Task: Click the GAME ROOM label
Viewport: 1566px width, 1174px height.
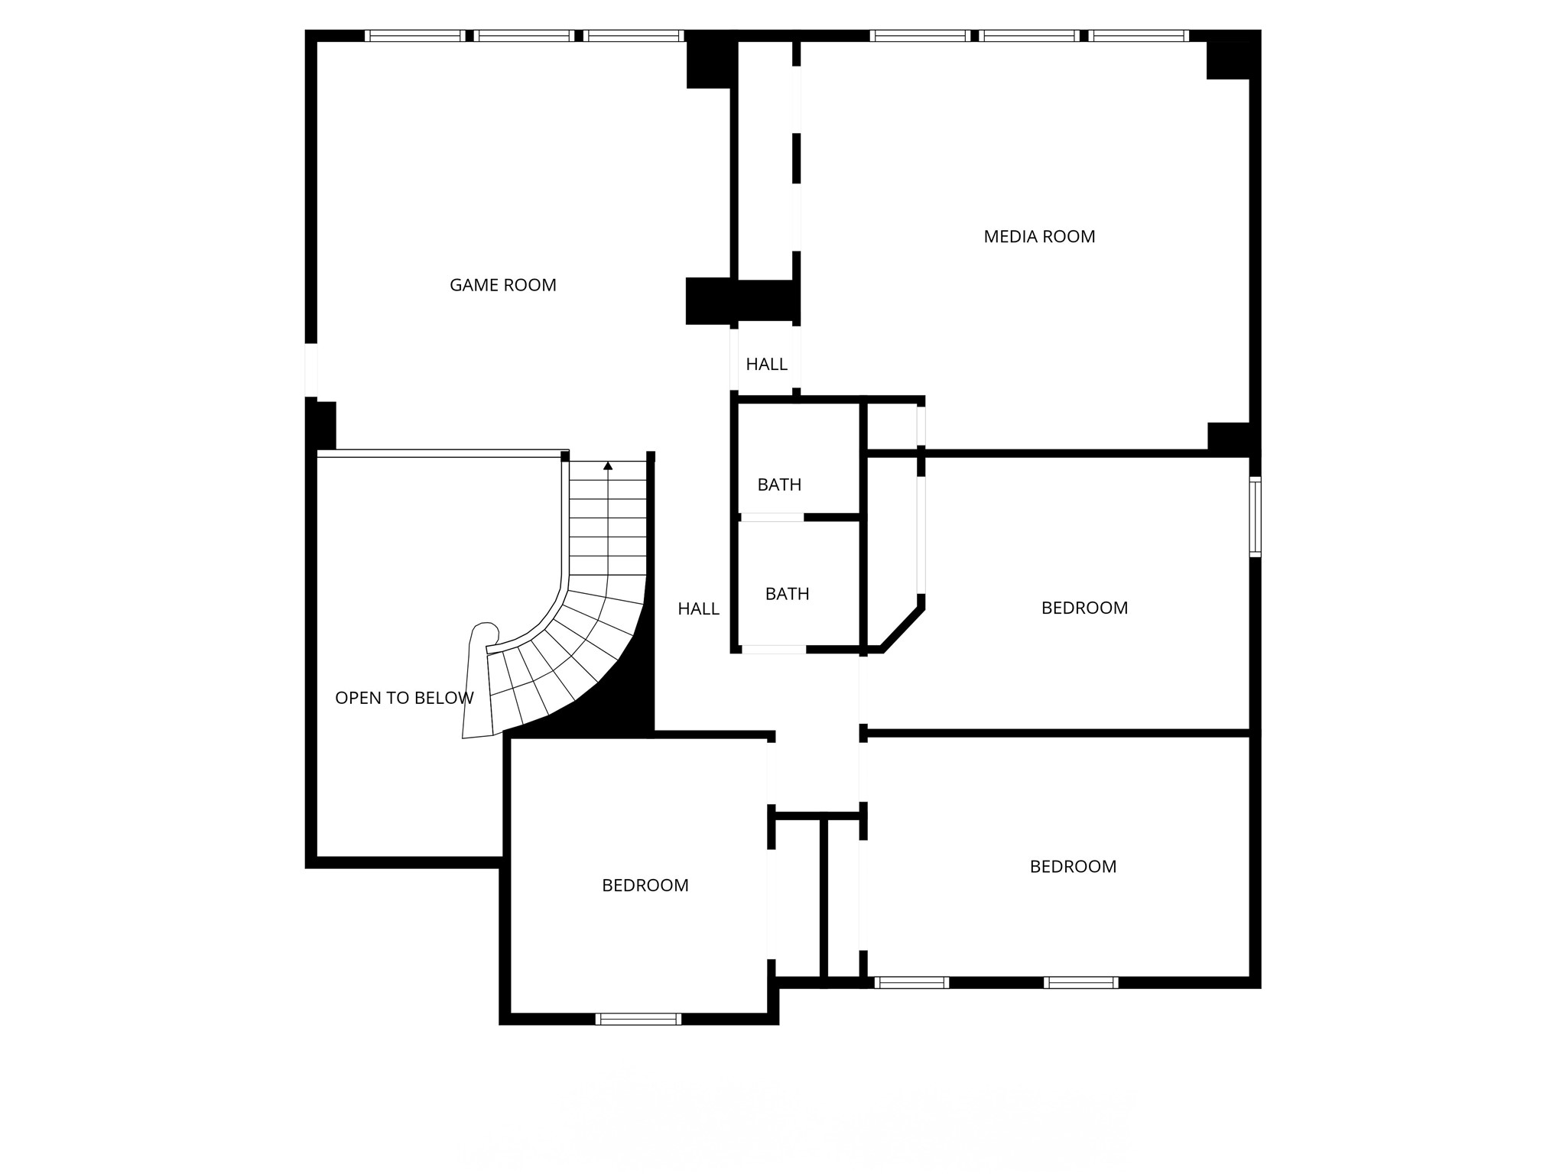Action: (x=502, y=285)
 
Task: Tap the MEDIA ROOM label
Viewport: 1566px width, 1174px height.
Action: (x=1039, y=237)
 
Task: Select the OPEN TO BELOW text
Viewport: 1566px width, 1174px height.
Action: (x=404, y=698)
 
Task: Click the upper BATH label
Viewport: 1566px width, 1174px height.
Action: (x=779, y=485)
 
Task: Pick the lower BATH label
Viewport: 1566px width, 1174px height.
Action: (x=787, y=594)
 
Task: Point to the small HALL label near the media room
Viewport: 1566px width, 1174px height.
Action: (x=766, y=365)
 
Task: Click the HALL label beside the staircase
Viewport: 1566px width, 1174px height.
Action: (x=698, y=609)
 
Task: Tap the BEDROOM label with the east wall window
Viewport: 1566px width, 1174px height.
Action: (x=1084, y=608)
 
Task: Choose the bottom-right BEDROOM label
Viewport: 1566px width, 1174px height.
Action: (x=1073, y=867)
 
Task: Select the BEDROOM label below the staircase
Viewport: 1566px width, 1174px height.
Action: (x=645, y=885)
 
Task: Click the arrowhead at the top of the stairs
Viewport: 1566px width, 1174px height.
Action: (x=608, y=465)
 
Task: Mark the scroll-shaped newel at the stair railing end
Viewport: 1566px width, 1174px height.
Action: (x=485, y=634)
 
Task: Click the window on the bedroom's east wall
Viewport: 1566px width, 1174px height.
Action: (x=1255, y=517)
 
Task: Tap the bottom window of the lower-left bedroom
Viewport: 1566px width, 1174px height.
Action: (x=638, y=1019)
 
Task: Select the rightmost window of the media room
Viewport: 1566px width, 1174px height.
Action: (x=1139, y=36)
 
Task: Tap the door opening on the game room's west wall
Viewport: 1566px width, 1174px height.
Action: (x=310, y=371)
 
